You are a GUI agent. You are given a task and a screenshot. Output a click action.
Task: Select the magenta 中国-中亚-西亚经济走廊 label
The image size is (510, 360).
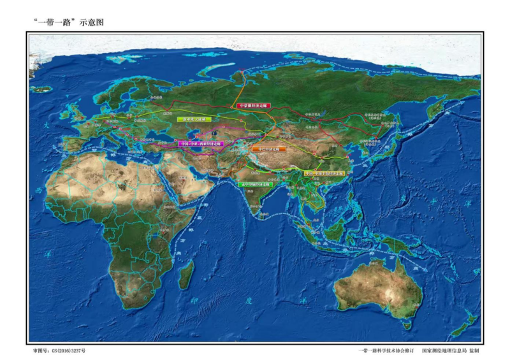pos(201,144)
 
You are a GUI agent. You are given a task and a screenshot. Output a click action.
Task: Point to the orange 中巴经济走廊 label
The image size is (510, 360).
pos(268,149)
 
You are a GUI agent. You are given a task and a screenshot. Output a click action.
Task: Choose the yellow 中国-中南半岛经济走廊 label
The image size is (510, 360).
pos(323,173)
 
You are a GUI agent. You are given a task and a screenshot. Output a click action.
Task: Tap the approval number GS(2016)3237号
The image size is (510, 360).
pos(58,350)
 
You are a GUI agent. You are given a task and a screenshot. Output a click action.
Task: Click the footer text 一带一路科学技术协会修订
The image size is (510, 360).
pos(387,350)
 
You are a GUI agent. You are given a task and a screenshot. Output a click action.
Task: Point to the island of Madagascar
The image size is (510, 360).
pos(186,273)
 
